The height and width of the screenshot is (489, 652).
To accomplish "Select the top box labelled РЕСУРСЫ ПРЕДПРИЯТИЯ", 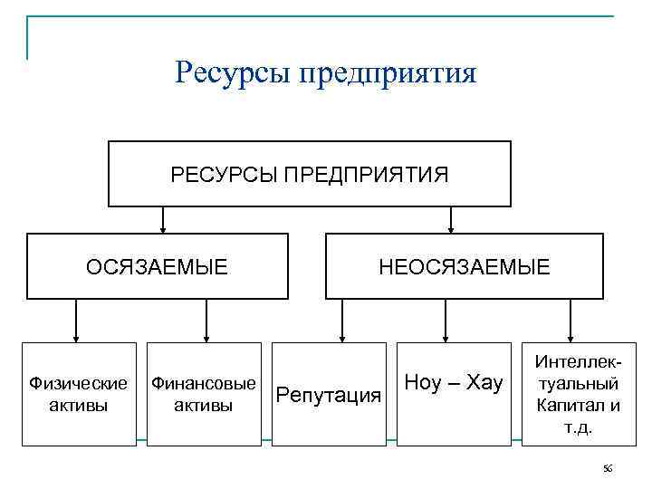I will (310, 174).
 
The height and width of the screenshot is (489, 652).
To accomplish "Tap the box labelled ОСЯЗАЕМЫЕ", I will (157, 266).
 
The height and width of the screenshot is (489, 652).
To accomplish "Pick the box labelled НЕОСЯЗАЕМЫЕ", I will (464, 266).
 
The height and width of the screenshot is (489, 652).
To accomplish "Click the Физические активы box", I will (79, 394).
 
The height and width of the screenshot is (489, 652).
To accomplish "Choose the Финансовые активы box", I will (204, 394).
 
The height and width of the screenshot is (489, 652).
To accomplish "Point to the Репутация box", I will (329, 394).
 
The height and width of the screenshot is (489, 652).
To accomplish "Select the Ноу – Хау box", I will (454, 394).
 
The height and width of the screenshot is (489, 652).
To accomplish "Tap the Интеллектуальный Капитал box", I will (578, 394).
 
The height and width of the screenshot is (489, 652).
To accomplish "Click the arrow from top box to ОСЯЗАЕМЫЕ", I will (163, 220).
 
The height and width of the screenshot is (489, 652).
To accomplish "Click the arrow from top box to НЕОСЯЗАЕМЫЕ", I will (452, 220).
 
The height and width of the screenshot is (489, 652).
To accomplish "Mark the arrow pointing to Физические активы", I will (76, 321).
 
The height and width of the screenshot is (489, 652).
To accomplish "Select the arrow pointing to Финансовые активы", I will (207, 321).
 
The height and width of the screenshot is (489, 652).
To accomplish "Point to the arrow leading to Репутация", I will (341, 321).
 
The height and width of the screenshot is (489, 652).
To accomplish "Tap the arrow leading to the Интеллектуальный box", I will (570, 321).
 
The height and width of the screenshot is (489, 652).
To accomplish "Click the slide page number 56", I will (608, 468).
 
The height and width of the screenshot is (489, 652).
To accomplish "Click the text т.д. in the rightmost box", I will (578, 427).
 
